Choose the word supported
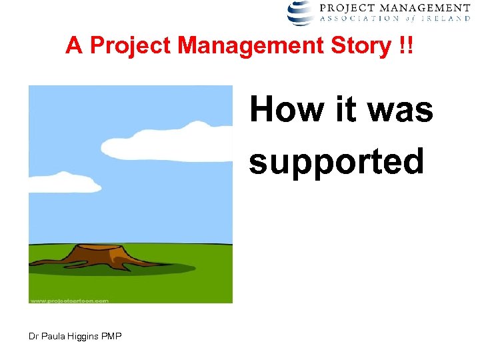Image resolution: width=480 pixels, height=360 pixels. click(336, 161)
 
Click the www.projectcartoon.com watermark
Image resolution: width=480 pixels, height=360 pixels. click(69, 300)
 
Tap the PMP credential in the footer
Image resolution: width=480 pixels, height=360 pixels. click(113, 336)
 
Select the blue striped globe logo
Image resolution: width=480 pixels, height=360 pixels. click(301, 12)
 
